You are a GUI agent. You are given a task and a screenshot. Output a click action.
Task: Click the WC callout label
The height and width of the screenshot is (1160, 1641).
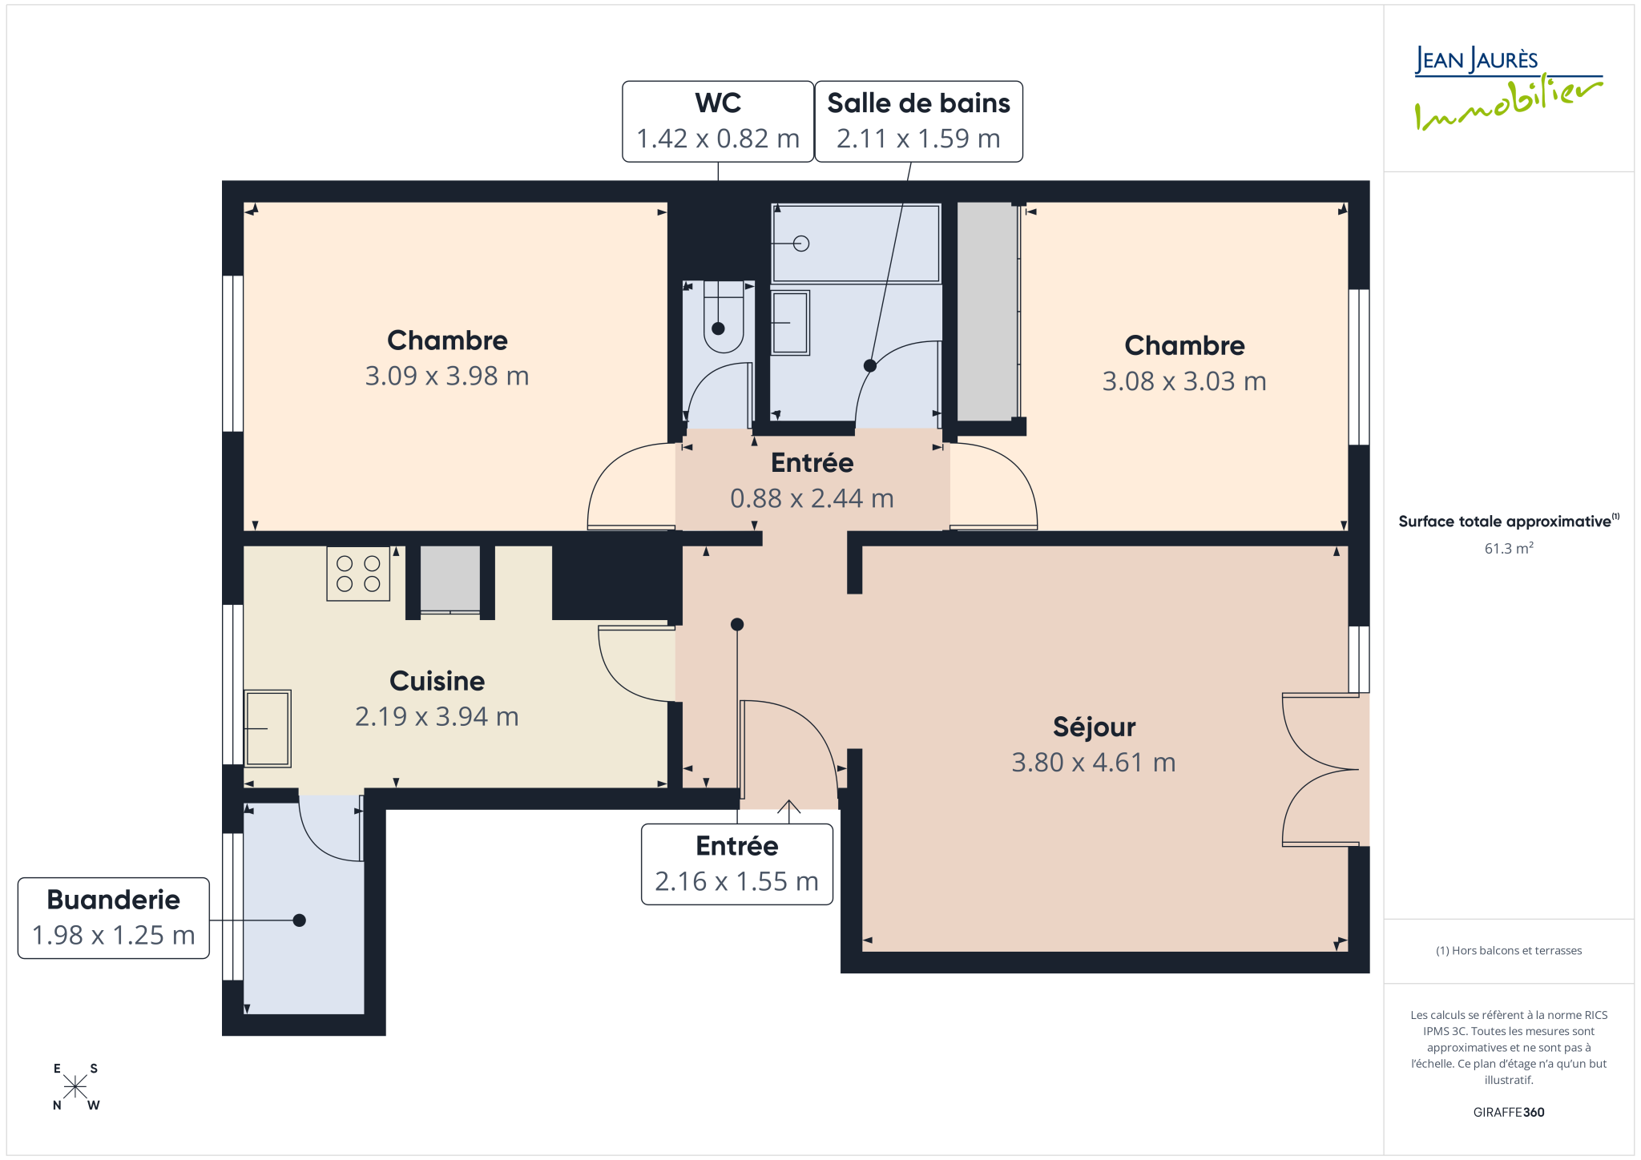pos(718,121)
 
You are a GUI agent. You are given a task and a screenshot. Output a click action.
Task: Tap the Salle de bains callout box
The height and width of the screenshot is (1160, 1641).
pos(918,121)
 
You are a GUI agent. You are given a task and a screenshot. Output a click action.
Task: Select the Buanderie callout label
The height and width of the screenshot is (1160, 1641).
pos(114,918)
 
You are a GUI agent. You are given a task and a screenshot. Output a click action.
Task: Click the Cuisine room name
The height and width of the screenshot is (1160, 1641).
pos(437,681)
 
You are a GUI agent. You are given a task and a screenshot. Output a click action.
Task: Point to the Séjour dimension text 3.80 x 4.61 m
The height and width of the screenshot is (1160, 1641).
pos(1094,762)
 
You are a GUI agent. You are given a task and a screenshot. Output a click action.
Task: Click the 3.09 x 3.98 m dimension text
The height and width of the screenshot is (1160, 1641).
pos(447,376)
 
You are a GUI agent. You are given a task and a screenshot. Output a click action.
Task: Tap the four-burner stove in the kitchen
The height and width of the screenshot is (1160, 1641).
pos(358,574)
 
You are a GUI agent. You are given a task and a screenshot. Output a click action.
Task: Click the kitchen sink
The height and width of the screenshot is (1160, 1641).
pos(268,729)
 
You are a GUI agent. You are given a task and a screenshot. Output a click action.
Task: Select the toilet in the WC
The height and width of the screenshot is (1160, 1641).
pos(724,317)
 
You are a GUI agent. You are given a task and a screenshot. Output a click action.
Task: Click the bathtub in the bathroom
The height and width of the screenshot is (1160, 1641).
pos(856,244)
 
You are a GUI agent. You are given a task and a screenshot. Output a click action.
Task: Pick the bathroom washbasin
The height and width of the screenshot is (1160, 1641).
pos(790,323)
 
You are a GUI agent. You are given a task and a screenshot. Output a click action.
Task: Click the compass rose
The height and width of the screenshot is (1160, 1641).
pos(75,1087)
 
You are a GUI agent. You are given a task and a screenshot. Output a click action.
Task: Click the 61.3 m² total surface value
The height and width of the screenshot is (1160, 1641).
pos(1509,549)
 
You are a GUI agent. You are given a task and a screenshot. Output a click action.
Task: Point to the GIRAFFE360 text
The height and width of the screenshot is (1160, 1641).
pos(1509,1112)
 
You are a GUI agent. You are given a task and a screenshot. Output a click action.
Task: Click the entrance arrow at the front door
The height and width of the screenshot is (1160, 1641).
pos(789,811)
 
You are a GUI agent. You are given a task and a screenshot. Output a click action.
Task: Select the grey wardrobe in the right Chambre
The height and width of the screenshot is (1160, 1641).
pos(987,312)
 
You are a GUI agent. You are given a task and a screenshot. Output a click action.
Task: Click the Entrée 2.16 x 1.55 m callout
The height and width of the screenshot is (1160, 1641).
pos(737,864)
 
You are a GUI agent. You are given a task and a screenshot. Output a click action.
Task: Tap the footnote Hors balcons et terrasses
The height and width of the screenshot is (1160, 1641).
pos(1509,951)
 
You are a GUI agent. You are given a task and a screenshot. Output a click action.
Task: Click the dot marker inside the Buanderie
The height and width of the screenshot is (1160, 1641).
pos(300,920)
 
